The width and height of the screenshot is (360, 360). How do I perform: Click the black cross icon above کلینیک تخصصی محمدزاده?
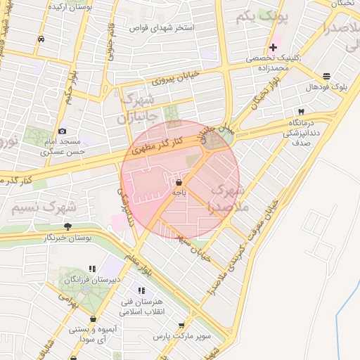(x=273, y=47)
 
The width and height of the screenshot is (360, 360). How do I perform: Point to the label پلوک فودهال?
(x=326, y=86)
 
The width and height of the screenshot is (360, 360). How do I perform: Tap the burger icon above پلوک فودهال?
(x=326, y=76)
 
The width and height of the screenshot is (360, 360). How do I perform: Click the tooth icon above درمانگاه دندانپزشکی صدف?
(x=302, y=112)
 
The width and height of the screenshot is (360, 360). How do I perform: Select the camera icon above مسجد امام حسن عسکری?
(x=62, y=131)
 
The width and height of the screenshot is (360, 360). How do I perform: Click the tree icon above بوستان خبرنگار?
(x=67, y=226)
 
